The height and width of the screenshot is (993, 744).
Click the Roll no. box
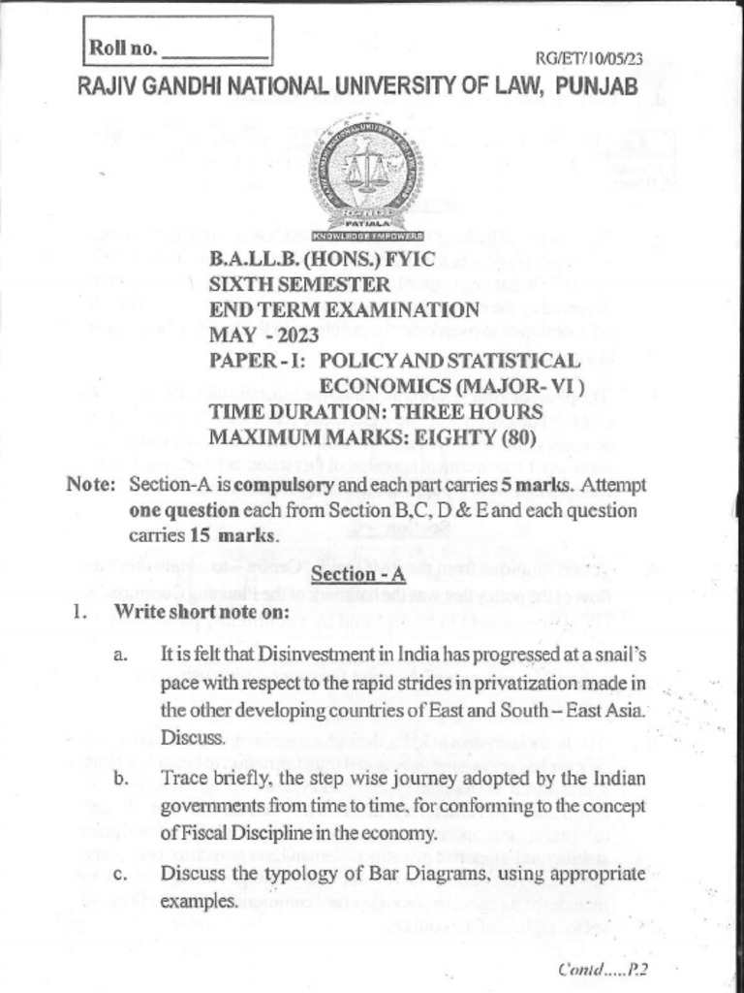point(177,45)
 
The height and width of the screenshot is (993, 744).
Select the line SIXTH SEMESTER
point(300,285)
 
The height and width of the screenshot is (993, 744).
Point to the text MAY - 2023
point(267,336)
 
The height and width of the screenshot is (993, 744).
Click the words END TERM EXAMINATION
point(345,310)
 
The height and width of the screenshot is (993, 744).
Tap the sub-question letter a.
point(121,656)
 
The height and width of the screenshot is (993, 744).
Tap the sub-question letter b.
point(121,780)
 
